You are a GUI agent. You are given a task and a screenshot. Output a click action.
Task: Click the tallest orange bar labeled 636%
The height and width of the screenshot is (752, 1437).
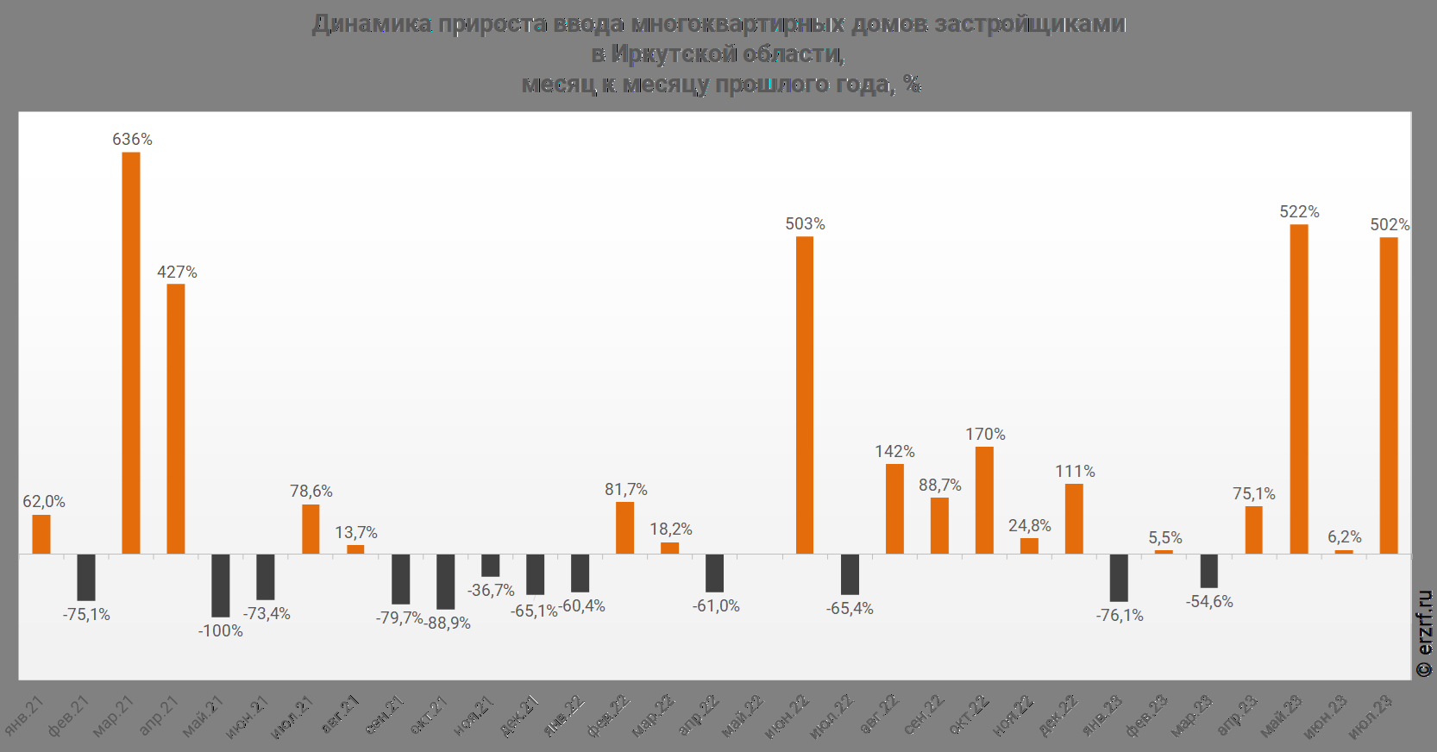[x=131, y=353]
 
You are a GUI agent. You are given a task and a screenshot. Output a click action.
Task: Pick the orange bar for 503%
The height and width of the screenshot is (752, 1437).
[x=805, y=395]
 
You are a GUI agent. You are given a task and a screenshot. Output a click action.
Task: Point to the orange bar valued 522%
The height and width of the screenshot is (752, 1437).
[x=1299, y=389]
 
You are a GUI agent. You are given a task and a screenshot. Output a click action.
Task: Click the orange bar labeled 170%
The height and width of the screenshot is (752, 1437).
[x=984, y=500]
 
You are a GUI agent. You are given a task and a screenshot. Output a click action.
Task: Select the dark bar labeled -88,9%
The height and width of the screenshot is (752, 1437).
[x=445, y=581]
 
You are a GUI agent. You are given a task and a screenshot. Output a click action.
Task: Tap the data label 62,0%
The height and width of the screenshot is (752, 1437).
[x=43, y=502]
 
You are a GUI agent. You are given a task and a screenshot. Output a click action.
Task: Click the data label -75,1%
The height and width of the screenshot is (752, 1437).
[x=86, y=615]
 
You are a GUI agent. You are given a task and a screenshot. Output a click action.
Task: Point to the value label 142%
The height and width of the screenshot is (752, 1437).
[x=894, y=452]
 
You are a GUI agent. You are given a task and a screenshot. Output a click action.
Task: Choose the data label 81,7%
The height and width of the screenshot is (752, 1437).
[x=626, y=490]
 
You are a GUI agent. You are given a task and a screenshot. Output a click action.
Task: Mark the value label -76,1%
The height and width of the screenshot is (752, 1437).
[x=1120, y=616]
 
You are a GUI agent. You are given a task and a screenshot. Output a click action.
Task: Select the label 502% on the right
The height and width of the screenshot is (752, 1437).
[x=1390, y=225]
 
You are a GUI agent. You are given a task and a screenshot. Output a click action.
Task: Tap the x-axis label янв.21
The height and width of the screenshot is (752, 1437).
[x=25, y=716]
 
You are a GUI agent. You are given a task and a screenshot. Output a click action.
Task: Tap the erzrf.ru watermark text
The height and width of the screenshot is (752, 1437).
[x=1425, y=634]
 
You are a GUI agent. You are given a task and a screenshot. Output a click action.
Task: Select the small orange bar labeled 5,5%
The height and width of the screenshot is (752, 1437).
[x=1164, y=552]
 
